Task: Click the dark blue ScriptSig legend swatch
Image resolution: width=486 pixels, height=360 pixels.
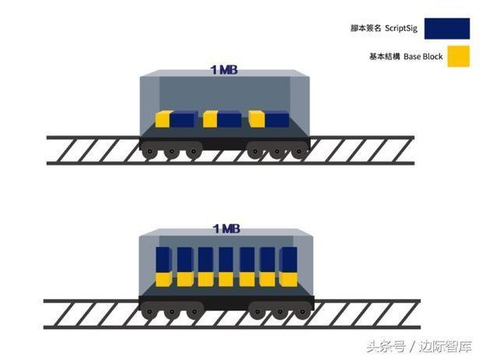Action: tap(447, 29)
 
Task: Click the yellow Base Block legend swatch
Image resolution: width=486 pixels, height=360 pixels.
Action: tap(459, 57)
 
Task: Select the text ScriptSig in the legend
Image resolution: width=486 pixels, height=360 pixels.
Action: tap(401, 28)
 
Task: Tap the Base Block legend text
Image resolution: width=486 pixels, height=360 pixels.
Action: tap(423, 57)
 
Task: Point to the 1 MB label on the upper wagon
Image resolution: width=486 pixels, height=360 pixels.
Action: tap(224, 70)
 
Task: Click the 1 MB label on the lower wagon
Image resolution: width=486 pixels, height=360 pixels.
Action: tap(226, 229)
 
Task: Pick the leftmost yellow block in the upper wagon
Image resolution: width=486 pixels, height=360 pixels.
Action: tap(163, 119)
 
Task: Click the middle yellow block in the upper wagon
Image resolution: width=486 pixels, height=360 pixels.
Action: tap(210, 119)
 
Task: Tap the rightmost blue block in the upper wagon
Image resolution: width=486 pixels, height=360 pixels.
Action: tap(277, 120)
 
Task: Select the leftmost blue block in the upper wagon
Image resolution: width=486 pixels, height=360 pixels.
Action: tap(184, 120)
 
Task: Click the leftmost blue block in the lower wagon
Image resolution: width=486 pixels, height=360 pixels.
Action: tap(163, 260)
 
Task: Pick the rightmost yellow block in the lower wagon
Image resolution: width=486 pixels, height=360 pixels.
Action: tap(288, 279)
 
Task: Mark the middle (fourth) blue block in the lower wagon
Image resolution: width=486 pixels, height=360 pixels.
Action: tap(226, 260)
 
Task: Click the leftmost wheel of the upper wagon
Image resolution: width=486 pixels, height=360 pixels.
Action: tap(150, 152)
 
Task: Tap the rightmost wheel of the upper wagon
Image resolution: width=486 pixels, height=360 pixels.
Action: tap(299, 152)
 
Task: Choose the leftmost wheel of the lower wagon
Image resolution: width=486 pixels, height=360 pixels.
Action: tap(149, 311)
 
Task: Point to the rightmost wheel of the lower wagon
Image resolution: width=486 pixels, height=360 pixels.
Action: tap(302, 312)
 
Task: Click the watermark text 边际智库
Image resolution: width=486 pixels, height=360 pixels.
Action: tap(445, 346)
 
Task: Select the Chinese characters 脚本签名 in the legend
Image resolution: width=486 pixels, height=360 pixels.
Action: tap(365, 28)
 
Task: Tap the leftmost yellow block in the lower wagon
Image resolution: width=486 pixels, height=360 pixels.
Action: tap(163, 279)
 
